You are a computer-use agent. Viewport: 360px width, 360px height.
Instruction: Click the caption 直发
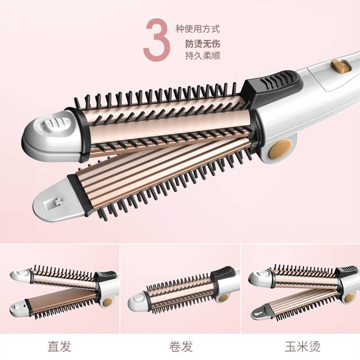(x=59, y=346)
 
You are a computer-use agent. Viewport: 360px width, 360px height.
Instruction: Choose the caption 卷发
(x=180, y=346)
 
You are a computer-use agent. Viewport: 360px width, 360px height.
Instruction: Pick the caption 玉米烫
(x=300, y=346)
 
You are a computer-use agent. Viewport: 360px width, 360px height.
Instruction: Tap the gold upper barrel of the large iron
(x=166, y=121)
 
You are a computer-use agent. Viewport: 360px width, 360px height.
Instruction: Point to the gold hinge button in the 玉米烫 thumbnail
(x=349, y=297)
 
